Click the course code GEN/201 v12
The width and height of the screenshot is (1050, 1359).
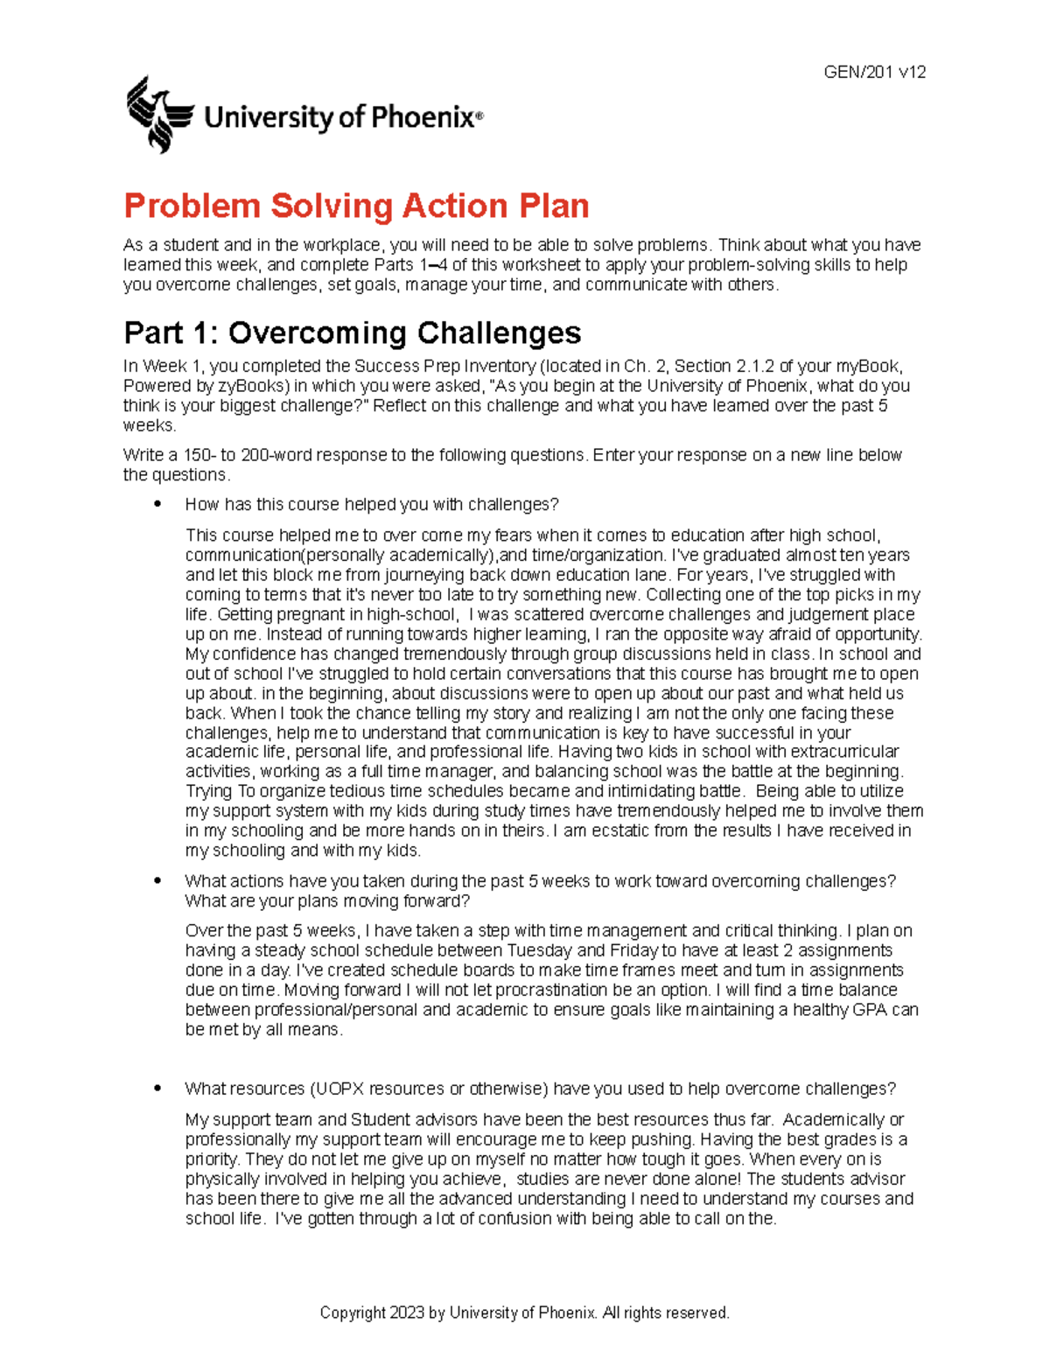874,73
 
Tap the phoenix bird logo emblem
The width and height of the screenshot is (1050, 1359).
158,115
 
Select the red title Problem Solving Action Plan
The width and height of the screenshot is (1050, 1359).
356,207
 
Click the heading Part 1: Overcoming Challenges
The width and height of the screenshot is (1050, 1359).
352,333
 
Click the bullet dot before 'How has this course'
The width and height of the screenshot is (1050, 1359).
157,504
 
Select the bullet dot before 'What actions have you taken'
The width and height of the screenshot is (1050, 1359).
157,881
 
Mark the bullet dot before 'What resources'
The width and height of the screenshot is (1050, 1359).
157,1089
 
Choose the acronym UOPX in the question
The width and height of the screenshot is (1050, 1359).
336,1089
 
